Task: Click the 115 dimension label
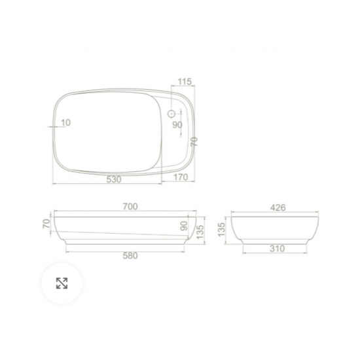[x=184, y=82]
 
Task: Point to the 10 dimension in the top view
[x=65, y=122]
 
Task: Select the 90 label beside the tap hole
[x=177, y=125]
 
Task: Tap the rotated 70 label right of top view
[x=194, y=141]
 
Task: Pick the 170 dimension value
[x=181, y=177]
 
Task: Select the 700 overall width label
[x=130, y=207]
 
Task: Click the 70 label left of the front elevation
[x=46, y=225]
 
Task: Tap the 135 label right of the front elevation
[x=202, y=231]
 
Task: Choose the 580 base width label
[x=130, y=255]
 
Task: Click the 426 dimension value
[x=278, y=207]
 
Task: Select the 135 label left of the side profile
[x=221, y=230]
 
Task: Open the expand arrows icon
[x=62, y=283]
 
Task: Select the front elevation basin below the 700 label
[x=124, y=229]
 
